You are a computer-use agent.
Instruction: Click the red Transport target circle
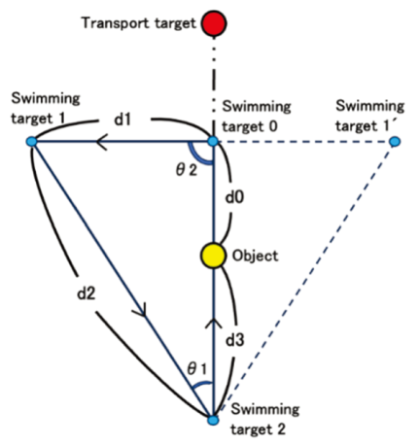(x=214, y=23)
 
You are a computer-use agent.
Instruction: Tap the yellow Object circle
(x=213, y=256)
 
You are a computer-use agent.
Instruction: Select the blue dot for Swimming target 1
(x=32, y=142)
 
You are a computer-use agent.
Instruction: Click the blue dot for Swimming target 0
(x=213, y=141)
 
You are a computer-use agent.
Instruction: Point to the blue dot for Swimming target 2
(x=213, y=420)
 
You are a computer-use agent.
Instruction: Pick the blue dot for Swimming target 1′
(x=395, y=142)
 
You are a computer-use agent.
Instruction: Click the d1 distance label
(x=122, y=120)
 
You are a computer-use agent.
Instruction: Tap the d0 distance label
(x=234, y=197)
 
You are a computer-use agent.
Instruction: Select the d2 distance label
(x=87, y=293)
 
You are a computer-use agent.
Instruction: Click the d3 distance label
(x=235, y=340)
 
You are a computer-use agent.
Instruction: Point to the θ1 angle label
(x=196, y=369)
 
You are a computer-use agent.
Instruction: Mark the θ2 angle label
(x=187, y=169)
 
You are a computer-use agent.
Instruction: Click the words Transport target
(x=139, y=23)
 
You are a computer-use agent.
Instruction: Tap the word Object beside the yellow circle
(x=256, y=256)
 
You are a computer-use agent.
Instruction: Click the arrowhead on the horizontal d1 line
(x=101, y=142)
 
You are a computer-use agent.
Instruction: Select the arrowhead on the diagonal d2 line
(x=140, y=310)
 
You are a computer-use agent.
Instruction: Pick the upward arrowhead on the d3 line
(x=213, y=323)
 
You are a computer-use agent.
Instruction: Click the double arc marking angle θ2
(x=197, y=156)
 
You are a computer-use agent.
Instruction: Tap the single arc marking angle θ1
(x=201, y=385)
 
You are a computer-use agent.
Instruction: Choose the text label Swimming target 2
(x=264, y=419)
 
